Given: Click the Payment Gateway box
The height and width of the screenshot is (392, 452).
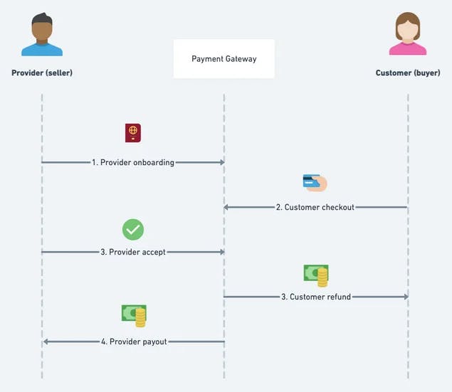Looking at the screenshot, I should [x=224, y=59].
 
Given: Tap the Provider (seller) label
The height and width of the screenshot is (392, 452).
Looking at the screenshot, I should [x=42, y=73].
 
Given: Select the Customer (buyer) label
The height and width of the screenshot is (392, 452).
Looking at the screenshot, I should [x=408, y=73].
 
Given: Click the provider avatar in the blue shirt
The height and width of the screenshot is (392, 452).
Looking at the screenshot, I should [x=42, y=35].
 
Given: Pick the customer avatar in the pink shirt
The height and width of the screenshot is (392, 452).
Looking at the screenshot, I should [x=408, y=35].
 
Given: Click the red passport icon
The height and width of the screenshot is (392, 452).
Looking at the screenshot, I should [x=133, y=132].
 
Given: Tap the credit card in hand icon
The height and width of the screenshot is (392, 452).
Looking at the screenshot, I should [x=315, y=183].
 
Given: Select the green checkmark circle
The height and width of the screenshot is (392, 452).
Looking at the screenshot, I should [x=133, y=229].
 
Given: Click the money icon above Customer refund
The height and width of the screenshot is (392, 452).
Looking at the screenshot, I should [x=316, y=275].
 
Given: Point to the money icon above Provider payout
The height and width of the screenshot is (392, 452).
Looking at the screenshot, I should [x=134, y=315].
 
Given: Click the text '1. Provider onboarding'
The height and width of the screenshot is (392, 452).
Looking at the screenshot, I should [x=133, y=162].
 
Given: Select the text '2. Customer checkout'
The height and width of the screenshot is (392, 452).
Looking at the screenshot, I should [x=315, y=207].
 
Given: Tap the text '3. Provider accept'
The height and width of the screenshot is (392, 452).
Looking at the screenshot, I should [x=133, y=252].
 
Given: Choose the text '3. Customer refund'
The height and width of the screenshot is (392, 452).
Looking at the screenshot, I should [x=315, y=297].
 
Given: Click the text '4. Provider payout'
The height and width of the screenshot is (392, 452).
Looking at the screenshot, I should [x=134, y=341].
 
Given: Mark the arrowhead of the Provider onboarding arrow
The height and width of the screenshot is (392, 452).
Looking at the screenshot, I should [x=221, y=162].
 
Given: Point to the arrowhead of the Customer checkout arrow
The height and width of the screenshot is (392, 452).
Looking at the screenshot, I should [x=227, y=207].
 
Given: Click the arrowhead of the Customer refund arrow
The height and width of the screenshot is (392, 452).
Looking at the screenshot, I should [x=405, y=297].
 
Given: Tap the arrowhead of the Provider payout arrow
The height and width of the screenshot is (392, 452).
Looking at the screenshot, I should [x=46, y=341].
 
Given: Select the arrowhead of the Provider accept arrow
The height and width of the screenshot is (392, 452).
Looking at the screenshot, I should [x=221, y=252].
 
